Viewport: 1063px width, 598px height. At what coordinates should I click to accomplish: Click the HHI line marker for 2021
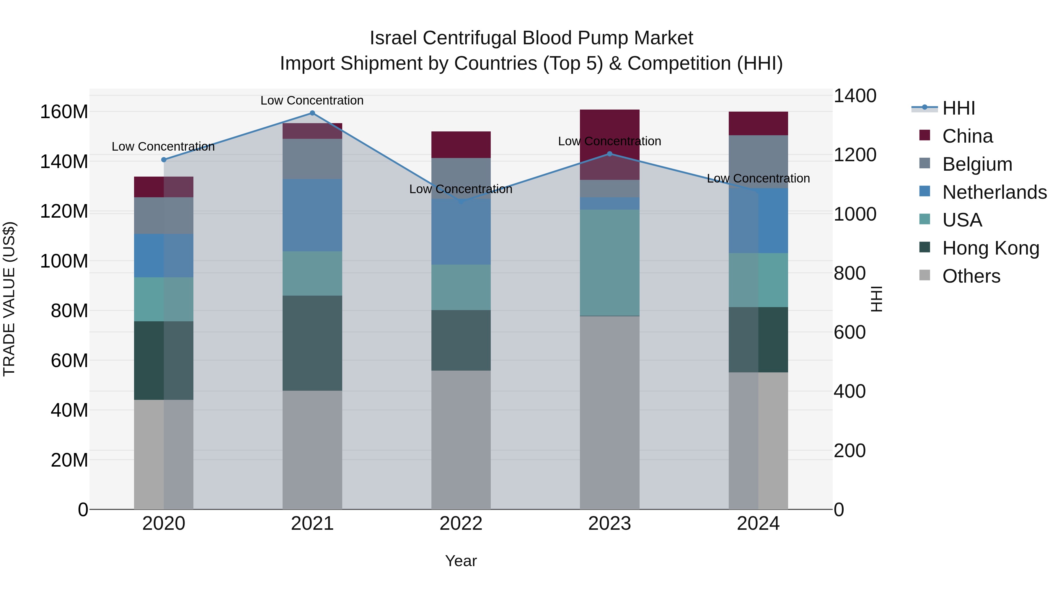tap(312, 113)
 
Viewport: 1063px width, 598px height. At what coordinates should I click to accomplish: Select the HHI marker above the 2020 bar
tap(164, 160)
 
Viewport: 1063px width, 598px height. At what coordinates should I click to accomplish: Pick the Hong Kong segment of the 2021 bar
tap(312, 343)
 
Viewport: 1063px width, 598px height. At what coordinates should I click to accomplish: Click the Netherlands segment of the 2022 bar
tap(461, 232)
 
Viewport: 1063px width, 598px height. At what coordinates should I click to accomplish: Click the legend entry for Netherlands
tap(994, 192)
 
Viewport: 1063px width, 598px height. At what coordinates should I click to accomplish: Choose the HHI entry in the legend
tap(958, 108)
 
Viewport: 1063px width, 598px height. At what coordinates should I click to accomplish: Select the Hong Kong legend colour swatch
tap(925, 248)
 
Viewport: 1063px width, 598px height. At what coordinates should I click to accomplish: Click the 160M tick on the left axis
tap(64, 112)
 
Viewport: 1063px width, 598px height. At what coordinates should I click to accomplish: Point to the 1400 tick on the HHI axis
tap(855, 96)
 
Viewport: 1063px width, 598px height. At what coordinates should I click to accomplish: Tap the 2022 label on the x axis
tap(461, 524)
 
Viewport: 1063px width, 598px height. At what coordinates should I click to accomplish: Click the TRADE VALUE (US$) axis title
tap(9, 299)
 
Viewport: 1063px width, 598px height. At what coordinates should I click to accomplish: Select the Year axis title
tap(461, 561)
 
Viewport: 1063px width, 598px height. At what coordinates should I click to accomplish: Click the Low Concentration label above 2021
tap(312, 100)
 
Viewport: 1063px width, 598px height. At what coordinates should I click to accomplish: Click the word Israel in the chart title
tap(393, 38)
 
